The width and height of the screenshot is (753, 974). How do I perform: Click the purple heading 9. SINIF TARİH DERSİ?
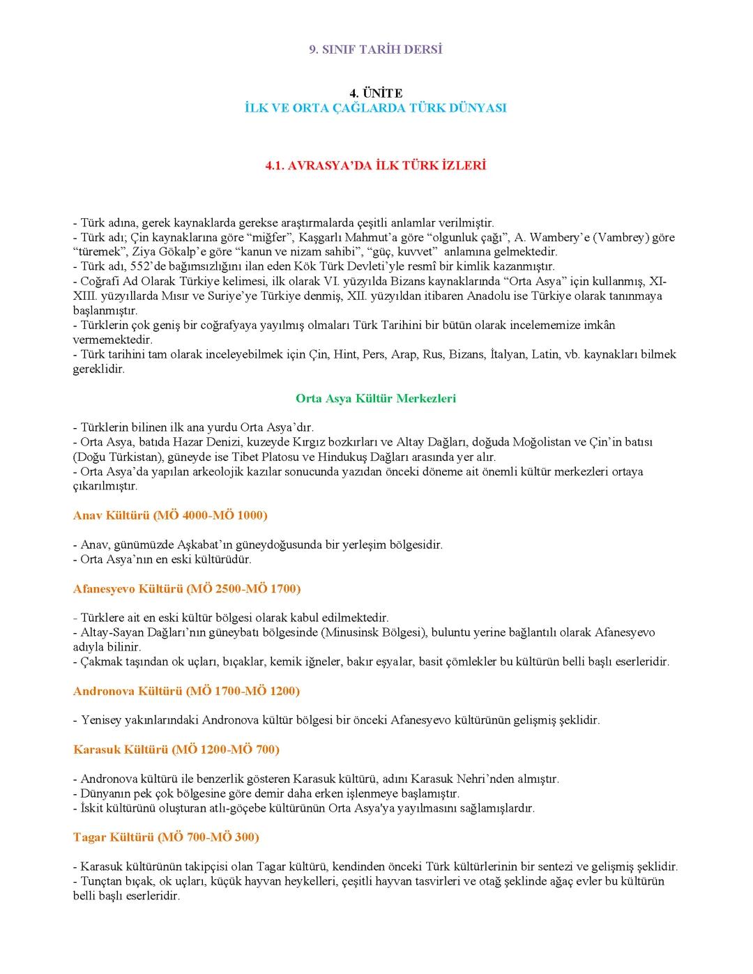tap(376, 50)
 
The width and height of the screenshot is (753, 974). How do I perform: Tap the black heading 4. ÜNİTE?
tap(376, 93)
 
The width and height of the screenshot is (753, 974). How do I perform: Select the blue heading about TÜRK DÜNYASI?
tap(376, 108)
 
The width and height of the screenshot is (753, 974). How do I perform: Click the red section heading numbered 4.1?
tap(376, 166)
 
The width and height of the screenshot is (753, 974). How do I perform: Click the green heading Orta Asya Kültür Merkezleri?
tap(376, 399)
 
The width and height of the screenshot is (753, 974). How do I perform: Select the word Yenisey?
tap(102, 720)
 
